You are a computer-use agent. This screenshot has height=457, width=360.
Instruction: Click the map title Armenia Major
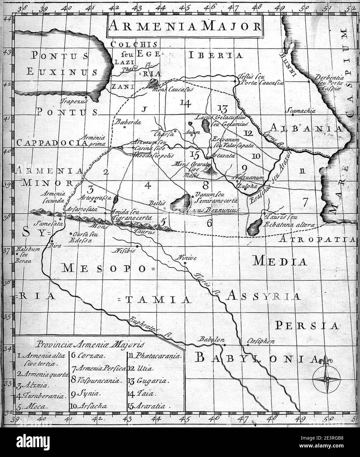[x=185, y=26]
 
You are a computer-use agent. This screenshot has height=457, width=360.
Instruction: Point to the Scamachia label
[x=301, y=111]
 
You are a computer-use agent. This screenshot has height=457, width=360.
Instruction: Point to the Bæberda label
[x=128, y=122]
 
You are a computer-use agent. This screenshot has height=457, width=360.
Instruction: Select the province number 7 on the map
[x=305, y=202]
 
